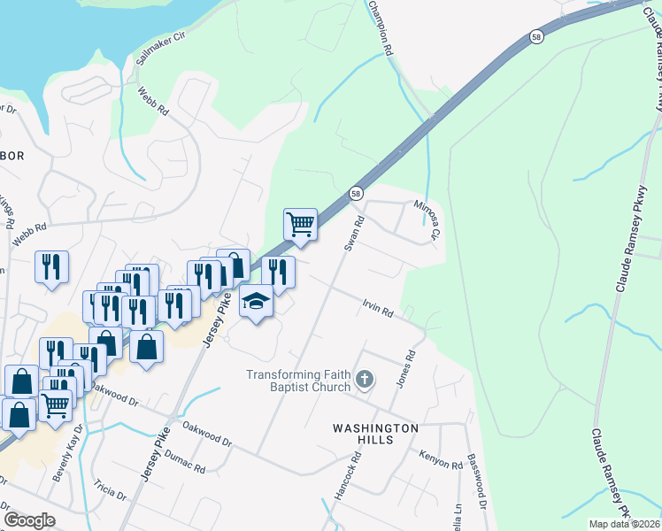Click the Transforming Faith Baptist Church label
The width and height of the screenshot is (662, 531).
click(298, 381)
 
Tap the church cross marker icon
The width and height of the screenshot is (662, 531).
click(364, 381)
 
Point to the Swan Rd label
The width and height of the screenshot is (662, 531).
click(354, 233)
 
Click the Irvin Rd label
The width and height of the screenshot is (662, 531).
click(377, 307)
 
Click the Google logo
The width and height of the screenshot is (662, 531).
click(29, 520)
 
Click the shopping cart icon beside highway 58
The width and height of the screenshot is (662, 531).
click(300, 225)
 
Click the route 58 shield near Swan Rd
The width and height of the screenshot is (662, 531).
click(356, 193)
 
